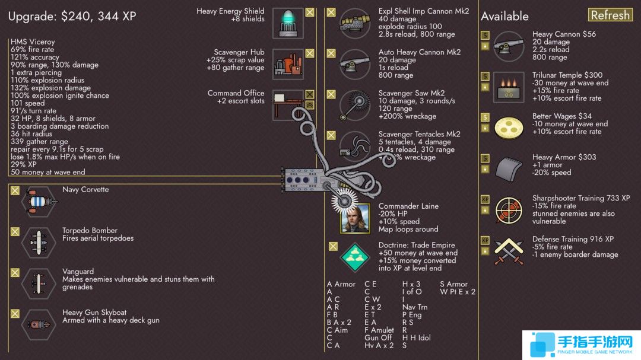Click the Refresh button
[610, 15]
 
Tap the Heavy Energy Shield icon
[288, 23]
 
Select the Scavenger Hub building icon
[288, 64]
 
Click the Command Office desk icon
[288, 105]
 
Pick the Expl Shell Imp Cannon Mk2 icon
[355, 23]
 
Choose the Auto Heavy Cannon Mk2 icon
[355, 64]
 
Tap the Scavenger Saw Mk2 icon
[355, 105]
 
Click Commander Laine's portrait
[355, 218]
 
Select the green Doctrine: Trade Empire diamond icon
[355, 257]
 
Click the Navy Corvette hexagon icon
[39, 202]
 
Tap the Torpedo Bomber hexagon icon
[39, 243]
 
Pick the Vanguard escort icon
[39, 283]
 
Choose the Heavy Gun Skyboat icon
[39, 324]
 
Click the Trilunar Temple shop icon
[509, 87]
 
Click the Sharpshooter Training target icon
[509, 210]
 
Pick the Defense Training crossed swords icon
[509, 251]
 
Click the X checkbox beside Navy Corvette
[15, 191]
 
